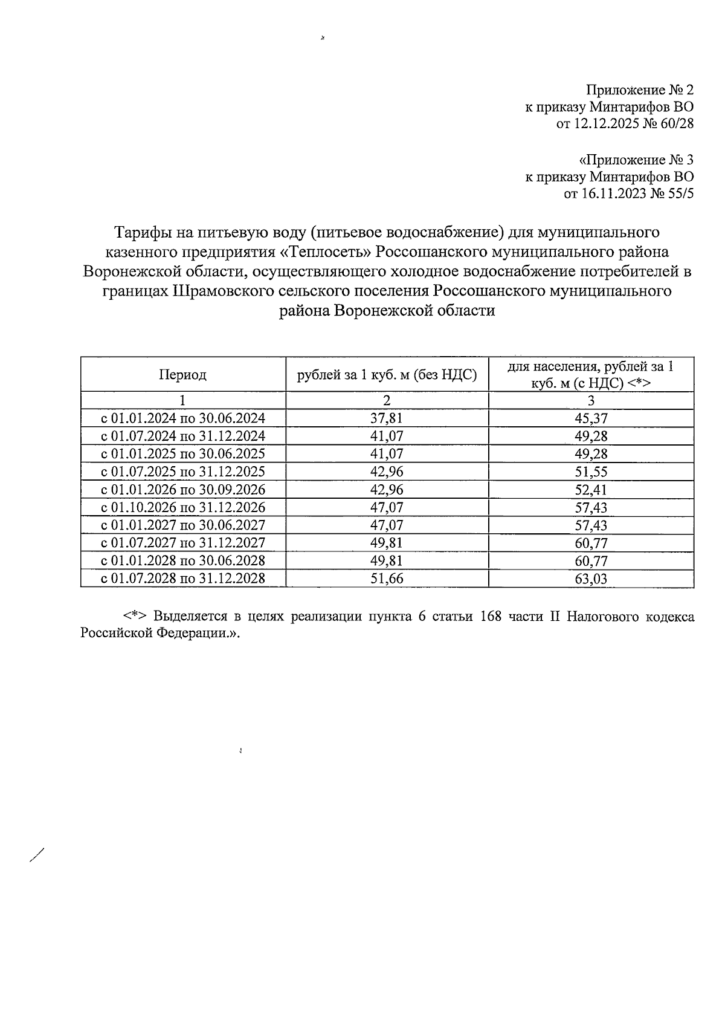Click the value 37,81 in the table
tap(387, 418)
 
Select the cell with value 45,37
tap(591, 418)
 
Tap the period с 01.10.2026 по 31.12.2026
tap(183, 507)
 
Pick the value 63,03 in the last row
tap(591, 579)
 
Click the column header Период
tap(183, 375)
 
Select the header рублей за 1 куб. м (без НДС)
tap(387, 375)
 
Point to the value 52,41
tap(591, 490)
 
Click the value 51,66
tap(387, 579)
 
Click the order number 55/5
tap(679, 194)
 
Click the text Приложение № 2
tap(639, 91)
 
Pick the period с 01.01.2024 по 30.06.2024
tap(183, 418)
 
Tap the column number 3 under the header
tap(591, 400)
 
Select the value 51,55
tap(591, 472)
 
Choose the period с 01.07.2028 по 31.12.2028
tap(183, 579)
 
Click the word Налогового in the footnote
tap(598, 617)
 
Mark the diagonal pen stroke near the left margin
tap(37, 856)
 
